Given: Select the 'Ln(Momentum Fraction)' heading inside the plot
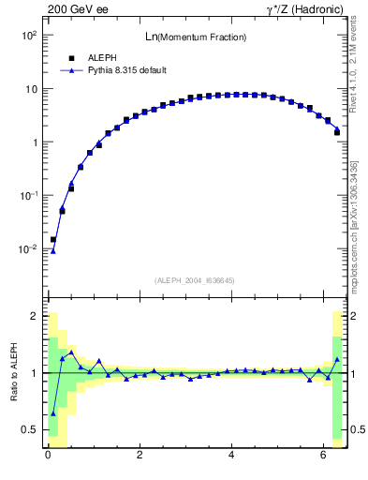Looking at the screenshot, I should pyautogui.click(x=196, y=37).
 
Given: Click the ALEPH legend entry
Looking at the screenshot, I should pyautogui.click(x=100, y=57).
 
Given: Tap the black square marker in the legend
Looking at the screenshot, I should pyautogui.click(x=71, y=57).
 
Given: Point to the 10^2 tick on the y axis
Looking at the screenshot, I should pyautogui.click(x=28, y=35).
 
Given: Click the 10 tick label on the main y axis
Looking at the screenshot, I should pyautogui.click(x=31, y=89).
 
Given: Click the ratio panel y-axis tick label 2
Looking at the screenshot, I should pyautogui.click(x=35, y=316).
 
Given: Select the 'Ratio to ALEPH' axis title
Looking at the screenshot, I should pyautogui.click(x=13, y=372).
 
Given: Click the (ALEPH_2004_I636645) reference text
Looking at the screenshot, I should pyautogui.click(x=196, y=280).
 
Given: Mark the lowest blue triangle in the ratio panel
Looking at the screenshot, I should pyautogui.click(x=53, y=412).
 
